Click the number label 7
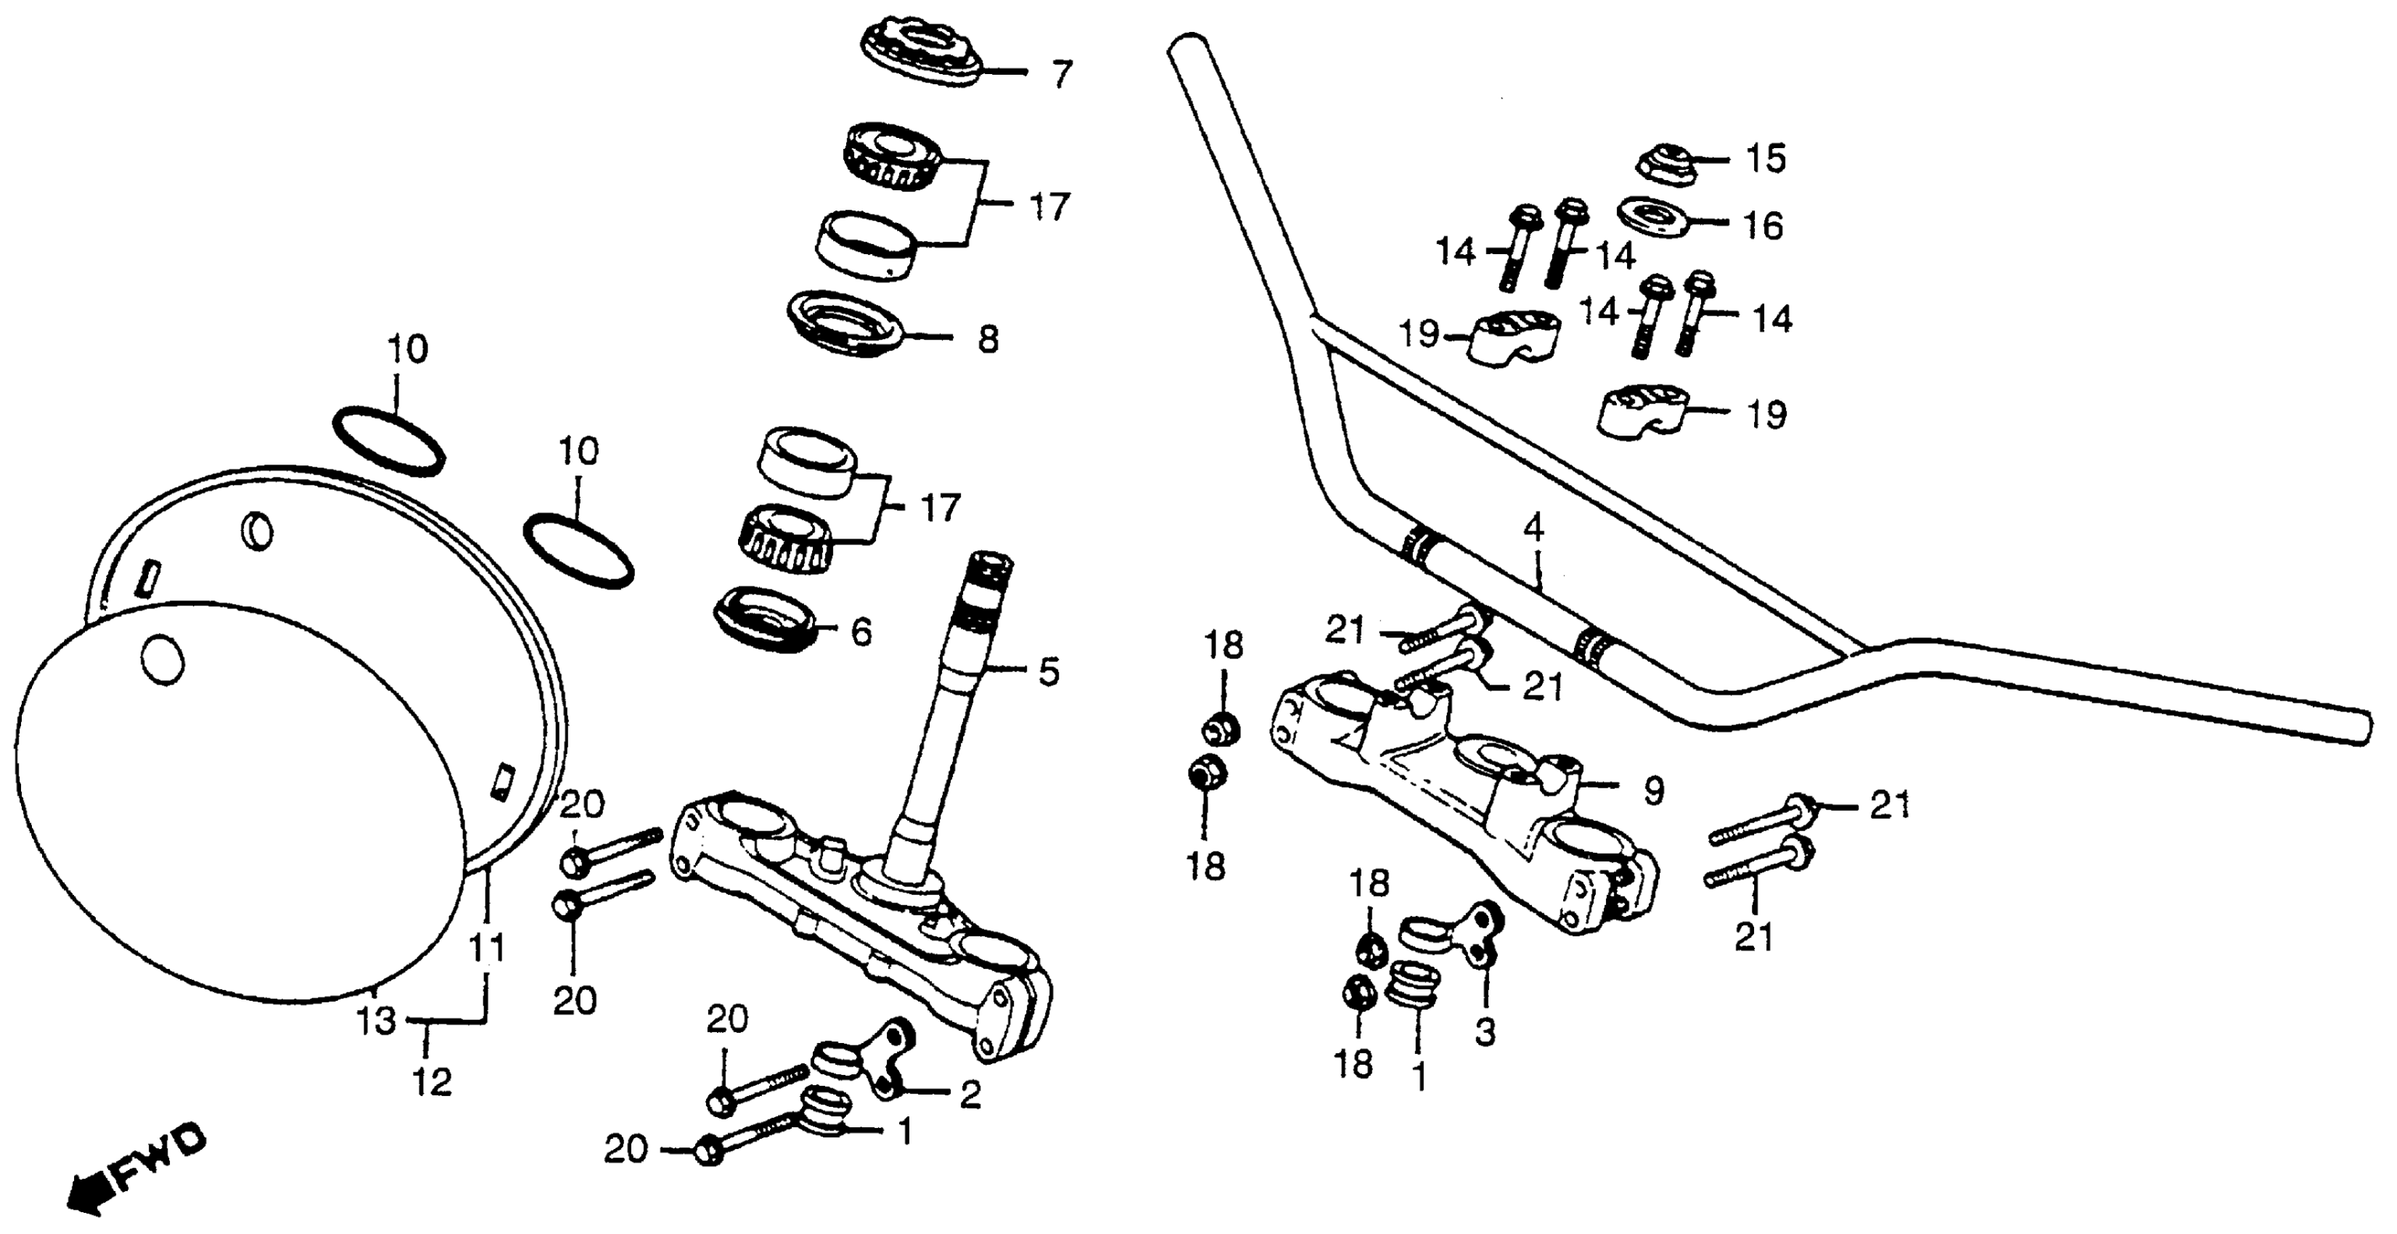click(1062, 73)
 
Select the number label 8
click(988, 339)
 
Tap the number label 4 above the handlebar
click(1533, 528)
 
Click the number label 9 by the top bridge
click(1652, 791)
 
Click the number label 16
click(1763, 226)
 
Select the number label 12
click(433, 1082)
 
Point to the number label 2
click(970, 1095)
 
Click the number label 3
click(1485, 1032)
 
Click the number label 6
click(861, 633)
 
